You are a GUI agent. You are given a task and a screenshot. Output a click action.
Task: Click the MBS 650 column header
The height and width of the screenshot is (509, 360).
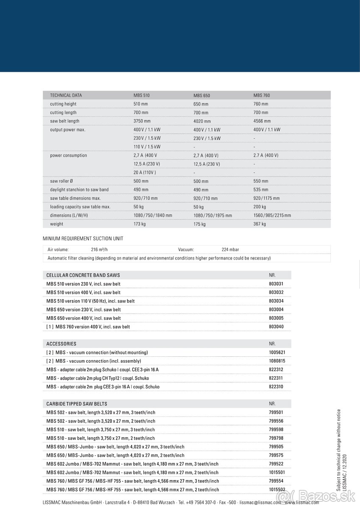(x=202, y=96)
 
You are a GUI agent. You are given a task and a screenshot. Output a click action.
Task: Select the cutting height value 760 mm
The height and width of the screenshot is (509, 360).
(x=261, y=104)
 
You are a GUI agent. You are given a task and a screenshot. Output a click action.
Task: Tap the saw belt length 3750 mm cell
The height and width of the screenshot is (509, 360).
(x=141, y=121)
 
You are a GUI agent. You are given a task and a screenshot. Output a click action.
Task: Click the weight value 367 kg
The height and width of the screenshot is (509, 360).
(x=260, y=224)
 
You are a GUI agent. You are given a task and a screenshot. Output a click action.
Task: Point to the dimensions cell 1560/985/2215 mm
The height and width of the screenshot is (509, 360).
(x=272, y=215)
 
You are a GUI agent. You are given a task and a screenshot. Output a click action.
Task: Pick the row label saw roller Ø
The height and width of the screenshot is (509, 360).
(x=62, y=181)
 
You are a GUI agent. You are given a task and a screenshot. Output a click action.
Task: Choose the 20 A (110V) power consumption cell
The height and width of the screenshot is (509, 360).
(x=145, y=172)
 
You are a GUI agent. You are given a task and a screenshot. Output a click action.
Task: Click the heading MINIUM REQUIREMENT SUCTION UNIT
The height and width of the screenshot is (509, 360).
(x=83, y=239)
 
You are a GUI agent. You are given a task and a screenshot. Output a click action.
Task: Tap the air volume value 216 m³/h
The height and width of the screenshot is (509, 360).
(x=102, y=249)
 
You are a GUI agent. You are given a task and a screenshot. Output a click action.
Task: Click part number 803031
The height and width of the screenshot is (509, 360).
(x=276, y=284)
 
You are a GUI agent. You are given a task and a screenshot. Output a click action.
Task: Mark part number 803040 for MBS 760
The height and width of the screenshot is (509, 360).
(x=276, y=327)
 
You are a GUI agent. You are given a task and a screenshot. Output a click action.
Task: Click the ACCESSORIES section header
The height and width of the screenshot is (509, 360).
(x=61, y=344)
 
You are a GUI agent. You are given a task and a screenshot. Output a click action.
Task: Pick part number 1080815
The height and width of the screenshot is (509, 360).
(x=277, y=361)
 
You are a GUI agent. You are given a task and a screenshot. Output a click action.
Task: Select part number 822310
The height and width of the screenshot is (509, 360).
(x=276, y=387)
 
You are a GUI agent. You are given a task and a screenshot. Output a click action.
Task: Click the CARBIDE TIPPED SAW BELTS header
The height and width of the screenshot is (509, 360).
(x=77, y=404)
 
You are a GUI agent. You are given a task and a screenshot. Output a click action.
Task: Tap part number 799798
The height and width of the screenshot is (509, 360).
(x=276, y=438)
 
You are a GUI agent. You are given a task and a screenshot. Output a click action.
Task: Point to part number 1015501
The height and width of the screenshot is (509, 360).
(x=277, y=473)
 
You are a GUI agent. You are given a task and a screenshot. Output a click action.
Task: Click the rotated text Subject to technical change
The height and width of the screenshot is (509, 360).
(x=339, y=450)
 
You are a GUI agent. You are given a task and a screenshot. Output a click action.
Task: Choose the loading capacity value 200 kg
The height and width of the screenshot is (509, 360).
(x=260, y=207)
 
